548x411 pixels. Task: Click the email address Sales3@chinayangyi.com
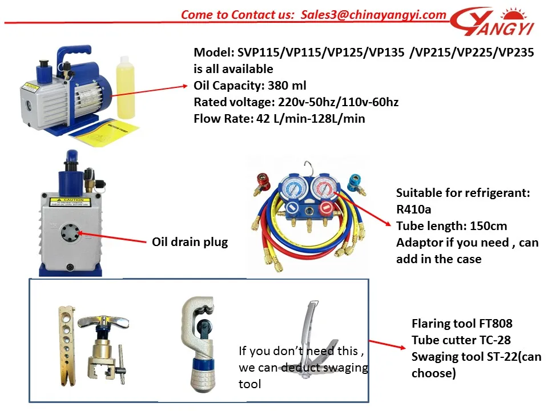click(x=373, y=15)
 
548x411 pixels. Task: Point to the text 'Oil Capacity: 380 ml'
click(x=250, y=86)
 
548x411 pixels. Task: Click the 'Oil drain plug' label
click(x=190, y=242)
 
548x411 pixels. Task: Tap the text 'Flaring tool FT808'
click(x=462, y=324)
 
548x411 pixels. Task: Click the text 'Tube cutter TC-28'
click(x=461, y=340)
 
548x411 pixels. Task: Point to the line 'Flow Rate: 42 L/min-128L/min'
click(x=279, y=119)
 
